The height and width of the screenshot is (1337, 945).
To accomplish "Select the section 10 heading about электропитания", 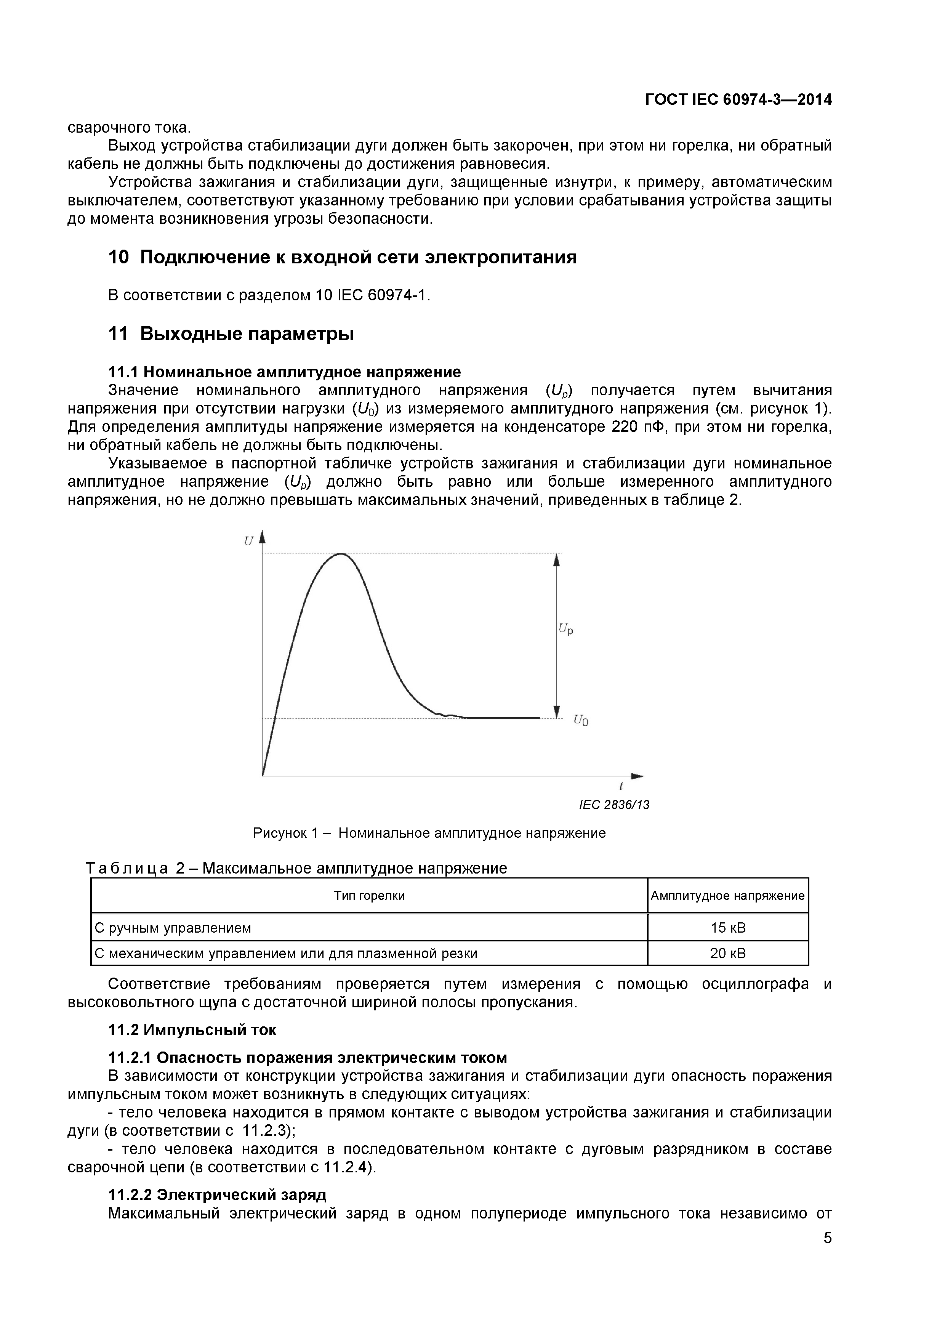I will (x=342, y=257).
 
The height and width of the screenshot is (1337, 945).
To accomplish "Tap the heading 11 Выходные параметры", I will (x=231, y=333).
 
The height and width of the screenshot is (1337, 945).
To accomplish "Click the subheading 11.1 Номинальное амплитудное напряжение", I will (x=284, y=372).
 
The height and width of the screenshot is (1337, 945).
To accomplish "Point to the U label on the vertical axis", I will (x=248, y=541).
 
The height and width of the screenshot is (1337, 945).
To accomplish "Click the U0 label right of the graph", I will (x=580, y=720).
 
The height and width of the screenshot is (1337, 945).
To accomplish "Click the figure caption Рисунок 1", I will (x=429, y=833).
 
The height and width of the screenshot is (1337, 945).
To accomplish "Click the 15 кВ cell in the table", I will (x=727, y=928).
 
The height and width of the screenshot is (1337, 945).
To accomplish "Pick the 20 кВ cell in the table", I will (x=727, y=953).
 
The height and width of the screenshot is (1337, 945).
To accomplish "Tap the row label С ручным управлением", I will (x=173, y=928).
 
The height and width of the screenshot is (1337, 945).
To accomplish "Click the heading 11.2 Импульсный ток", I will (x=192, y=1029).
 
